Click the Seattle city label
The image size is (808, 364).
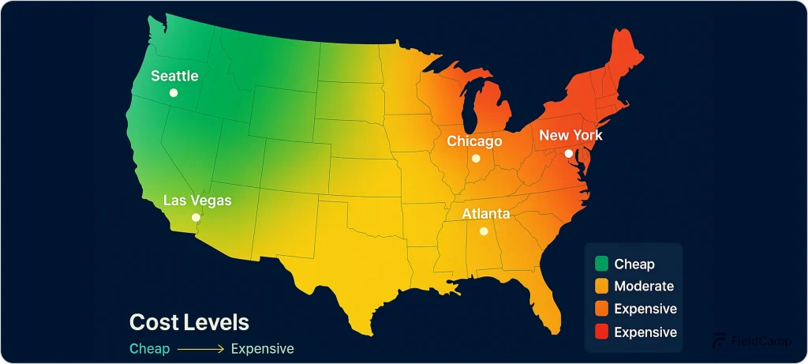(x=174, y=77)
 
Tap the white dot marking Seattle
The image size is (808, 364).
(x=174, y=92)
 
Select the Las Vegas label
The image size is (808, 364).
(x=197, y=201)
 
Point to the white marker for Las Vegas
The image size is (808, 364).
(x=196, y=217)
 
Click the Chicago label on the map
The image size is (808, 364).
(x=474, y=141)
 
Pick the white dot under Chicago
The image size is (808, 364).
(x=476, y=158)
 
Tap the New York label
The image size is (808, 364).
(x=570, y=135)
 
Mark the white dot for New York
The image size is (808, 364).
(x=569, y=153)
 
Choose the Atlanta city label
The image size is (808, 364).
(x=485, y=214)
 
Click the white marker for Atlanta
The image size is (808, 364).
(x=484, y=231)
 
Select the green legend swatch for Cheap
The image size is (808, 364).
(x=602, y=264)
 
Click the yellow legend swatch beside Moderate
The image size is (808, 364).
(x=602, y=287)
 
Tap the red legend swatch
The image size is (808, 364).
(x=602, y=332)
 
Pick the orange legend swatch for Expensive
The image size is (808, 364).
(x=602, y=309)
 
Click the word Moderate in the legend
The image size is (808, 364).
(x=644, y=287)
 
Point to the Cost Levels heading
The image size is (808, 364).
(x=189, y=322)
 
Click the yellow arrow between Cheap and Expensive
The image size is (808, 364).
(x=200, y=348)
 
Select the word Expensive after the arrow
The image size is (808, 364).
(x=262, y=348)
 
